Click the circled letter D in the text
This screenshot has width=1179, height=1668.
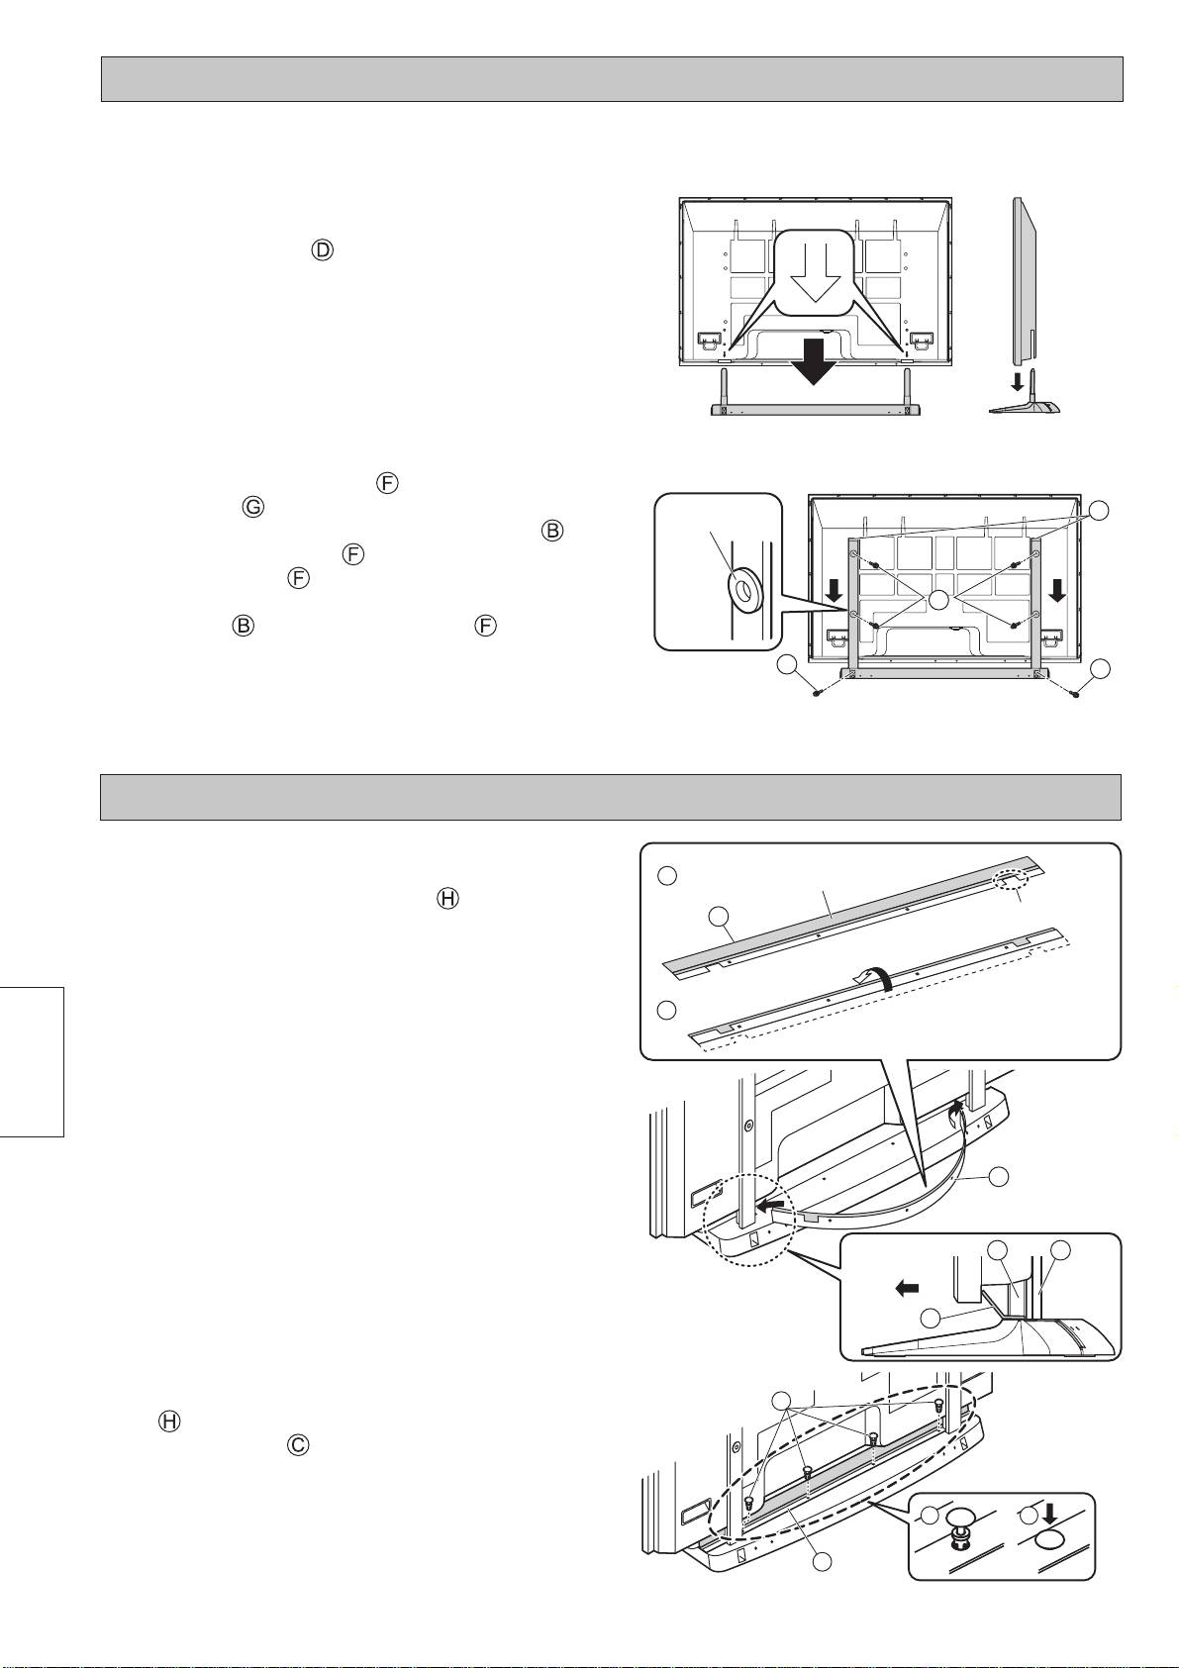point(322,250)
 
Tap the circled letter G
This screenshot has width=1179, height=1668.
point(253,508)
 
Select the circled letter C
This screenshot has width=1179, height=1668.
point(298,1444)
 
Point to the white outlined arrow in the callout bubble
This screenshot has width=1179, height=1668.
point(816,276)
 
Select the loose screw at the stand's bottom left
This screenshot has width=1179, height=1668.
point(819,693)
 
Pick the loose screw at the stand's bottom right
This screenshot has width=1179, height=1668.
point(1074,693)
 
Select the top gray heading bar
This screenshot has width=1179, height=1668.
point(612,79)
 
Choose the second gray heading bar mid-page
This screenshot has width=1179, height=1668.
point(611,797)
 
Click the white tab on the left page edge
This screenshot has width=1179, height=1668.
point(32,1062)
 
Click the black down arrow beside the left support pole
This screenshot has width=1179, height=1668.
point(835,591)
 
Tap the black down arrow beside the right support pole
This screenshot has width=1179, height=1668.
point(1055,591)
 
